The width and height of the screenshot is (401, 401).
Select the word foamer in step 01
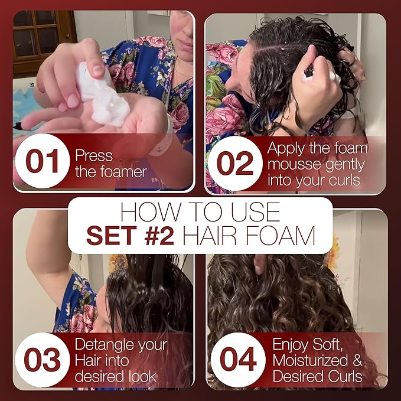click(x=110, y=172)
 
